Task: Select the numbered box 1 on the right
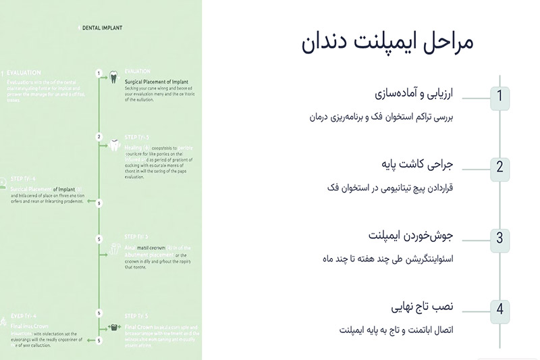point(500,96)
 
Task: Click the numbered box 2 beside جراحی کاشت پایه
point(500,167)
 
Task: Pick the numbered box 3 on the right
point(500,238)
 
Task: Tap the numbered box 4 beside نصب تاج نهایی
point(500,309)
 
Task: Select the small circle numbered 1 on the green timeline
point(99,72)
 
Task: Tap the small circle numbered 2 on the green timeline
point(99,137)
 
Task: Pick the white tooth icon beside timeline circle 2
point(115,143)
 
